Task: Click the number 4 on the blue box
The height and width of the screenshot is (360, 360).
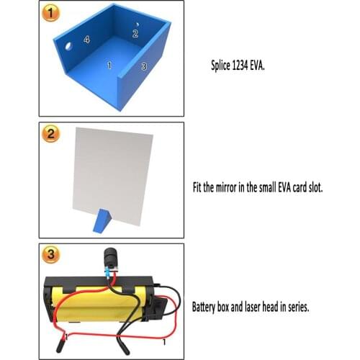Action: [87, 40]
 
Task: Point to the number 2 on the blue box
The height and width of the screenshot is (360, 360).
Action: [135, 33]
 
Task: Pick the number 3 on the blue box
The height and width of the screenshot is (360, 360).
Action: [144, 66]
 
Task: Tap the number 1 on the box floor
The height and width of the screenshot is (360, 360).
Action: [109, 65]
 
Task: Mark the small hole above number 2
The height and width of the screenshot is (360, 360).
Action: [136, 24]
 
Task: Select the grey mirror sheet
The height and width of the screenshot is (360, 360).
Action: [115, 173]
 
